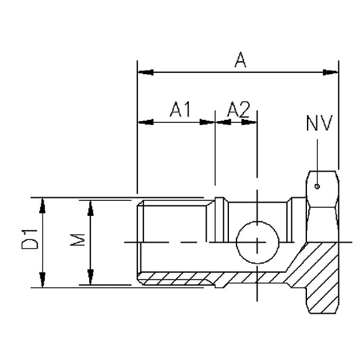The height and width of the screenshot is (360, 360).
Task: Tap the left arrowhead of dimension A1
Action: click(142, 122)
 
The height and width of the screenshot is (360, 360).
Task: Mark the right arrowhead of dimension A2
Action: click(252, 122)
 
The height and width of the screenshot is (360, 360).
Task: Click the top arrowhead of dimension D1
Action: click(42, 202)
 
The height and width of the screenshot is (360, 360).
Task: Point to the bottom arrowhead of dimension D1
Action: click(42, 283)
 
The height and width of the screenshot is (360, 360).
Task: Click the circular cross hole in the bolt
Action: click(257, 241)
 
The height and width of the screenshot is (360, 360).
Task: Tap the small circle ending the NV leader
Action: click(318, 185)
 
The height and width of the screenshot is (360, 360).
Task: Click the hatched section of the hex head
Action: click(319, 275)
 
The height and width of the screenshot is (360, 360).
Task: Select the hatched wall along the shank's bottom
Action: click(206, 278)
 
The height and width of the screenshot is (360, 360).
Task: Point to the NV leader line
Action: click(318, 159)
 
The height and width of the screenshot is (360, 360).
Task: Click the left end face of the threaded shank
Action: click(137, 241)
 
